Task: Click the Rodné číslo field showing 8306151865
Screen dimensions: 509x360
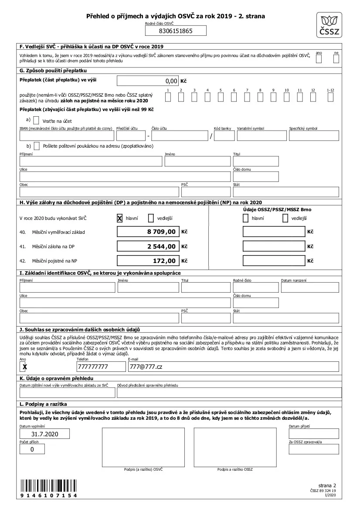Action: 175,31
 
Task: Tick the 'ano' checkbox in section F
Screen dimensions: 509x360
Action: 319,59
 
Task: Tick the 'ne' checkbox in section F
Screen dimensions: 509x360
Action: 336,59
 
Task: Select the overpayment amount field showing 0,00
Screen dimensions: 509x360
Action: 148,81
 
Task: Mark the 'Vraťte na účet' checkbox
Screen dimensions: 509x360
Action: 36,120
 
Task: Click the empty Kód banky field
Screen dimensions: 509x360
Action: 224,136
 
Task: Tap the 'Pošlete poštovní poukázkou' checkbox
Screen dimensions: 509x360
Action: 36,146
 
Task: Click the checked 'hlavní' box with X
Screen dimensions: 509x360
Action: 119,218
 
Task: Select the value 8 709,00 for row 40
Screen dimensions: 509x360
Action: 148,232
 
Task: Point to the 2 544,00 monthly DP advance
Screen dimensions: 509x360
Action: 148,246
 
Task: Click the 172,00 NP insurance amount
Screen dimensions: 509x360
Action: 148,261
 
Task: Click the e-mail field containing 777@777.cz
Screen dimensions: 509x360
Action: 233,367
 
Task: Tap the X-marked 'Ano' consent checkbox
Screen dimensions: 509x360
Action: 24,367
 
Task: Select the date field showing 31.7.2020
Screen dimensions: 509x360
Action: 45,434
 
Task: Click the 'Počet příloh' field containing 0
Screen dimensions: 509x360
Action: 32,449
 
